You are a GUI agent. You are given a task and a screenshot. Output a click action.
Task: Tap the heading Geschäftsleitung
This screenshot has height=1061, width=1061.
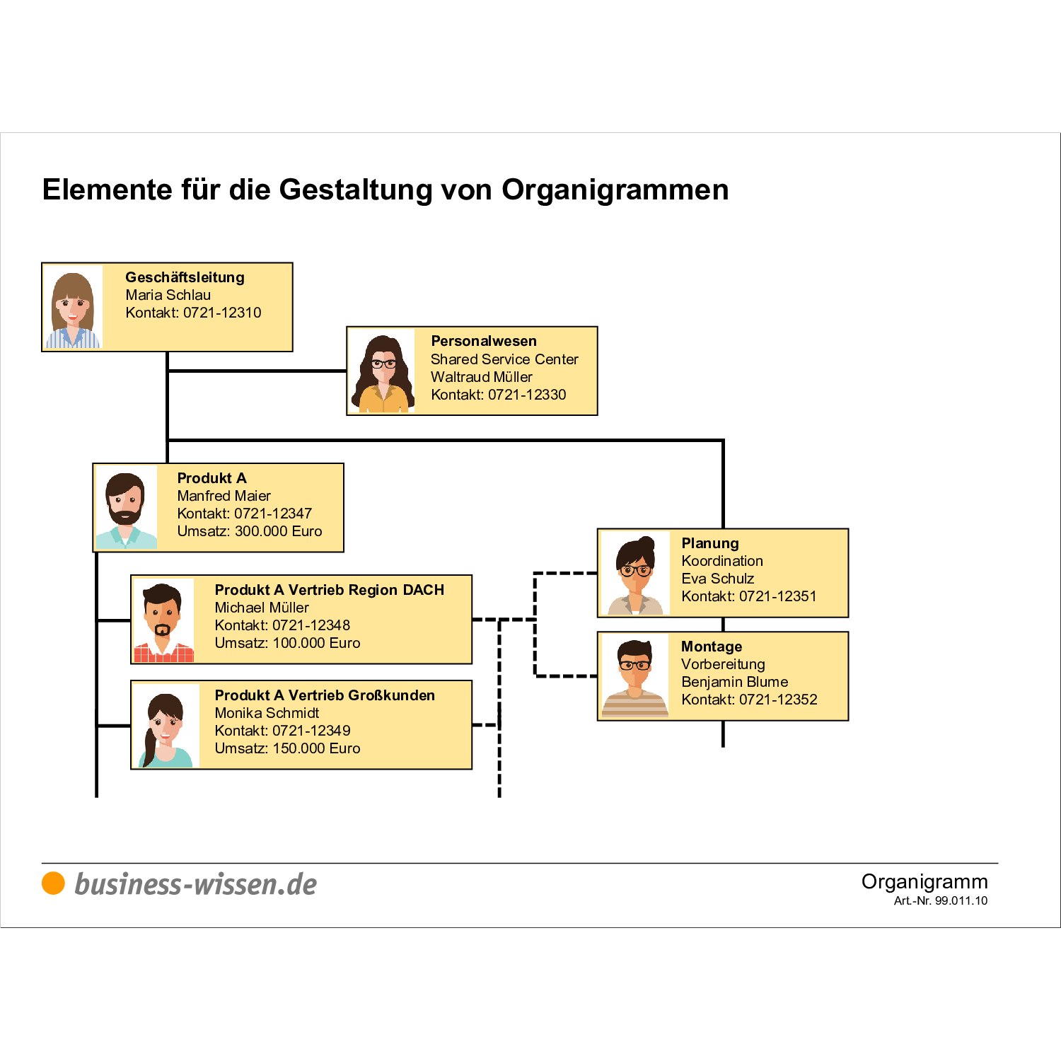pos(185,277)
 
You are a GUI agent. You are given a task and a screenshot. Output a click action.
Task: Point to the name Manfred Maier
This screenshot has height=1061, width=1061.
pos(224,496)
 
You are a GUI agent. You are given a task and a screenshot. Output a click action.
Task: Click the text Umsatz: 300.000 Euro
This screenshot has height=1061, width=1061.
pos(249,531)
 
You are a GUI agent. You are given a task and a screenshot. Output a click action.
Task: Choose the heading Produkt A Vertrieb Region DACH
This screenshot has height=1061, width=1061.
pos(329,590)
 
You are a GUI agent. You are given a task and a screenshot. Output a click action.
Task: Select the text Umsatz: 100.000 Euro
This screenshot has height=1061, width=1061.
pos(287,643)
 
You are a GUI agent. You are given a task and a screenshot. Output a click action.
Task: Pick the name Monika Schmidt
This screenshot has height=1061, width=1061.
pos(267,713)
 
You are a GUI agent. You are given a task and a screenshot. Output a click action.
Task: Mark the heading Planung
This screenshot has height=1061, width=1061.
pos(710,543)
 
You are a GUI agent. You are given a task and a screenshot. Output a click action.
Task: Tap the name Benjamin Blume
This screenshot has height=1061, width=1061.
pos(734,682)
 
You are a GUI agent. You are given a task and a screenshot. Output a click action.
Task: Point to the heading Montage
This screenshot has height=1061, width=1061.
pos(712,647)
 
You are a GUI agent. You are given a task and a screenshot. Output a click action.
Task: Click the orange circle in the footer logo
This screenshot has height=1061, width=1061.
pos(53,883)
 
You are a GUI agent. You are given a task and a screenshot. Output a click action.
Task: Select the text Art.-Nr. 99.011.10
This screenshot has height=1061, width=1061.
pos(940,900)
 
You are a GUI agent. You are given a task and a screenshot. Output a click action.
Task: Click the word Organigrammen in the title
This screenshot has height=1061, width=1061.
pos(615,190)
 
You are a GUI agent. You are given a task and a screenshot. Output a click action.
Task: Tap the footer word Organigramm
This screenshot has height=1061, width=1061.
pos(924,881)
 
